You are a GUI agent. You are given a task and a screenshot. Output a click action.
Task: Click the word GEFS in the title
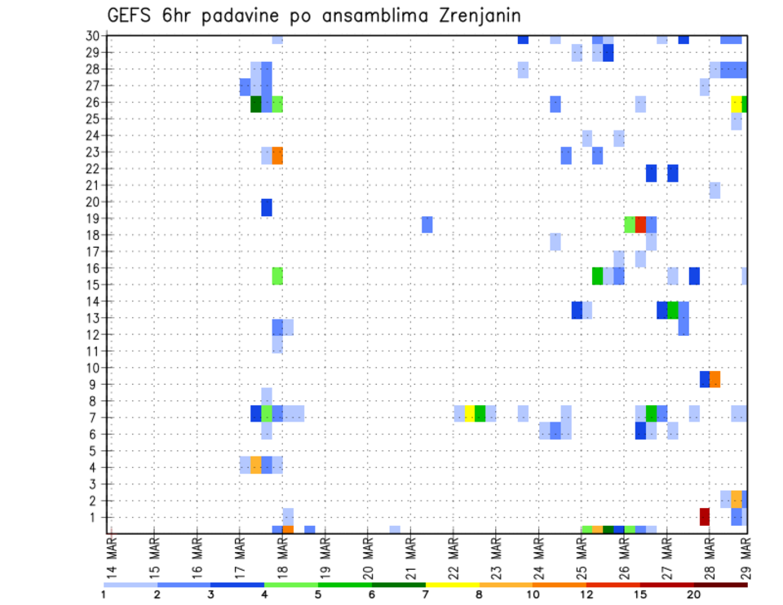click(x=131, y=15)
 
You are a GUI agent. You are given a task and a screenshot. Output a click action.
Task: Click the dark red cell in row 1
click(x=705, y=517)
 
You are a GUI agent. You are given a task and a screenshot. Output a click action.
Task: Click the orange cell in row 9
click(x=715, y=379)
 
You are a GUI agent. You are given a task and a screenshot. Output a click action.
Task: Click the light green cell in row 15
click(x=277, y=276)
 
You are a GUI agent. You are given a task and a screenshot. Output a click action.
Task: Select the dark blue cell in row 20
click(x=267, y=208)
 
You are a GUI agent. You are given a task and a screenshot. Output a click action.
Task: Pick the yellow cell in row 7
click(x=469, y=413)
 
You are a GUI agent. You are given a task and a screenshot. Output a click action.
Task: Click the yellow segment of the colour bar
click(x=452, y=585)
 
